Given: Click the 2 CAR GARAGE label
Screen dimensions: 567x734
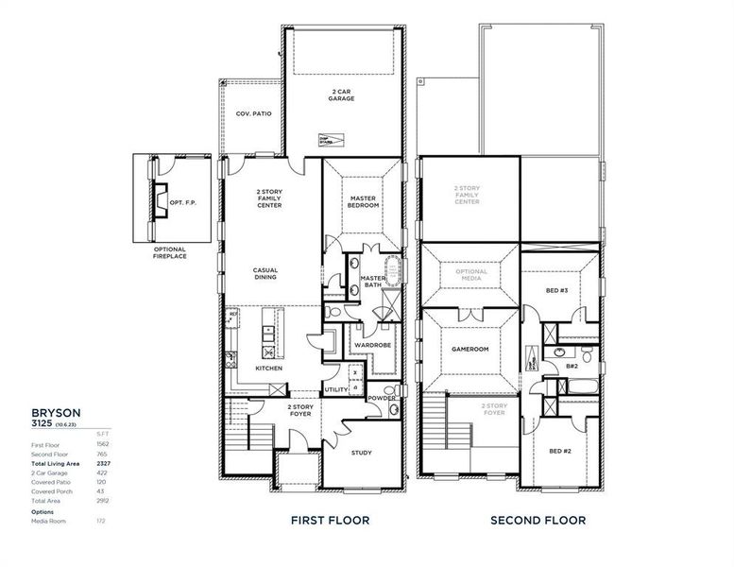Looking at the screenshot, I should [x=342, y=94].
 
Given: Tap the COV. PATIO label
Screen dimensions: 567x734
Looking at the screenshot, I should [x=253, y=113].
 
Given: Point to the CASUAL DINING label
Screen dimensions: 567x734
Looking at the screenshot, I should [x=265, y=274].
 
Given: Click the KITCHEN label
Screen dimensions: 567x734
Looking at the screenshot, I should [x=269, y=368].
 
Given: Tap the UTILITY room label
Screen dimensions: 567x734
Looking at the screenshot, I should [x=335, y=389].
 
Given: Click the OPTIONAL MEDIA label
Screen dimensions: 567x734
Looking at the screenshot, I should [x=471, y=275].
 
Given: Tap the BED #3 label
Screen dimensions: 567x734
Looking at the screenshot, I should [x=557, y=291].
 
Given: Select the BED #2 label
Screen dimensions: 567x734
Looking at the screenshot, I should [x=559, y=451].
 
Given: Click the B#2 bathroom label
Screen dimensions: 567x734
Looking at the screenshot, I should [x=572, y=365].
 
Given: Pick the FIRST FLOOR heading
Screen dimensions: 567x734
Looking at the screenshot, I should [x=330, y=520].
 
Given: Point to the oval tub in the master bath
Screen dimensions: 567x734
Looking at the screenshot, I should [x=390, y=266].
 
